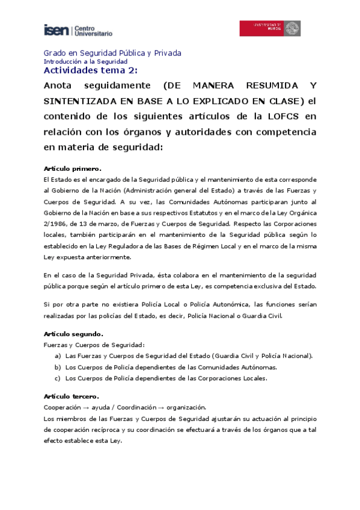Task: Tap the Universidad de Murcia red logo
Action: pos(270,28)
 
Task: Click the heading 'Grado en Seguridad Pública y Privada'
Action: pos(112,53)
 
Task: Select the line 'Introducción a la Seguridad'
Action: pos(85,61)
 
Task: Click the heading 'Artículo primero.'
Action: pos(73,168)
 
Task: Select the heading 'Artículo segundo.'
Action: pos(73,333)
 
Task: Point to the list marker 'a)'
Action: pos(58,355)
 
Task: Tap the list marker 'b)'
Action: pos(58,367)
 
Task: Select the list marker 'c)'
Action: pos(58,378)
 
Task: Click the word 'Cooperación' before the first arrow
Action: pos(63,407)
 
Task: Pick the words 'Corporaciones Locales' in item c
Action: pos(231,378)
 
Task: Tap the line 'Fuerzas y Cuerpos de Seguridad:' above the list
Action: pos(94,345)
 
